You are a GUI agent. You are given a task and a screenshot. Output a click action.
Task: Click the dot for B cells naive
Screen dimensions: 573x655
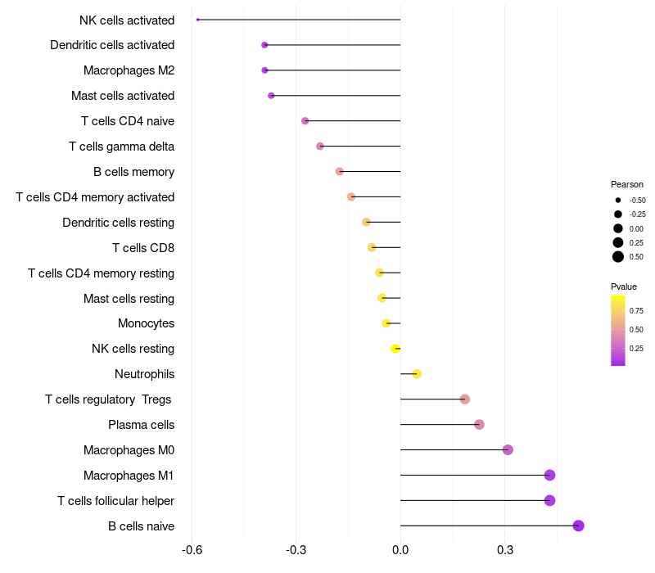click(x=578, y=526)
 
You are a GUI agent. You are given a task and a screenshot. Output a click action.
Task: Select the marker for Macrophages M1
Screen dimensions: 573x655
click(x=549, y=475)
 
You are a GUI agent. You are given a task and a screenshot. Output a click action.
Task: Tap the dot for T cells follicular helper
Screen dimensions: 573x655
click(x=549, y=500)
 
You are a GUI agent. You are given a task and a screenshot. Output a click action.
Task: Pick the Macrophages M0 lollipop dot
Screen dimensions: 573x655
click(x=508, y=449)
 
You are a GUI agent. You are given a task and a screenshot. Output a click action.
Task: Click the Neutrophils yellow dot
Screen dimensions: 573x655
click(x=417, y=374)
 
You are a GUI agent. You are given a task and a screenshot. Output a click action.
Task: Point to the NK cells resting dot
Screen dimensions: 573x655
click(x=395, y=349)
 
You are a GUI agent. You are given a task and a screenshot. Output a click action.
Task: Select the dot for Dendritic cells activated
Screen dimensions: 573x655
click(x=264, y=45)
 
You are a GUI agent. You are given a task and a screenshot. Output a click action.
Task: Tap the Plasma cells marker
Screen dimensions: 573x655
click(x=479, y=424)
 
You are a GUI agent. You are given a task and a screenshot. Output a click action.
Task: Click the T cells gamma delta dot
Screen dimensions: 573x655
click(x=320, y=147)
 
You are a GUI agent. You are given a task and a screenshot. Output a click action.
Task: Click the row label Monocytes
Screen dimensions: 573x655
click(x=146, y=323)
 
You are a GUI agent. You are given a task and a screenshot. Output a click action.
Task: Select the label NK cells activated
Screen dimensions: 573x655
click(x=127, y=20)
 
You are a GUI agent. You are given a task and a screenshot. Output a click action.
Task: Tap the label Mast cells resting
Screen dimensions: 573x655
click(x=129, y=298)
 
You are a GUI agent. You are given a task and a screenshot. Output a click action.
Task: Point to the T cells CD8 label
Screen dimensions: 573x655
click(x=142, y=247)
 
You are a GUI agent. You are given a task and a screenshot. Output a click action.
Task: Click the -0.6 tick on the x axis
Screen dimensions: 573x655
click(x=192, y=550)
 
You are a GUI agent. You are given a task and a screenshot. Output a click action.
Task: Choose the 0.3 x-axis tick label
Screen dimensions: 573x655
click(x=504, y=550)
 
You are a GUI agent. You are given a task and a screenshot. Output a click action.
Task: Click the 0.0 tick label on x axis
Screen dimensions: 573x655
click(x=400, y=550)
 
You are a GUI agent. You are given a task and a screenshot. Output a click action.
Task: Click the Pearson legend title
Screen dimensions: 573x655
click(x=626, y=184)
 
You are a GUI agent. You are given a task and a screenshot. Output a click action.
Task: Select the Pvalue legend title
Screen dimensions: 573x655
click(x=623, y=286)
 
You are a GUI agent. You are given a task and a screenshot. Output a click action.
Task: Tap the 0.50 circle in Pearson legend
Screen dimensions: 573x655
click(x=618, y=257)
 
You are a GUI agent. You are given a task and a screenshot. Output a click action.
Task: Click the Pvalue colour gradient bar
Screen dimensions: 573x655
click(x=617, y=330)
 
